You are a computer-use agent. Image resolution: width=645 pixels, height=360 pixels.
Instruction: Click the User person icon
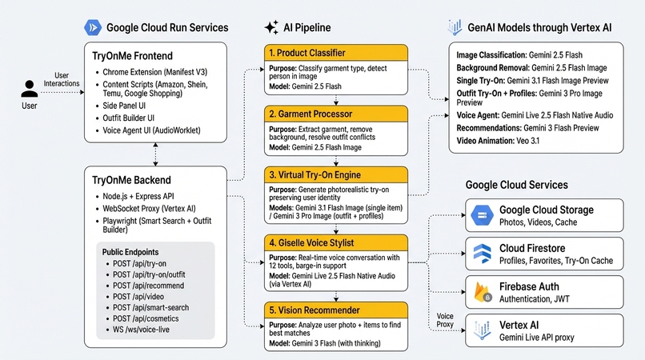pyautogui.click(x=29, y=89)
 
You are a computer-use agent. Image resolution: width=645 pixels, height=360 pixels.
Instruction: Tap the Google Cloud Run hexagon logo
pyautogui.click(x=93, y=27)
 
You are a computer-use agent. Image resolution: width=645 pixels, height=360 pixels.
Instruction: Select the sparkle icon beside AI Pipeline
pyautogui.click(x=271, y=27)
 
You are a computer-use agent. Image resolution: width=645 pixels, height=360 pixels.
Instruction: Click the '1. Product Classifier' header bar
pyautogui.click(x=336, y=53)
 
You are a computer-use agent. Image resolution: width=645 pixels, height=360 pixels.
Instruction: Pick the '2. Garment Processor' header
pyautogui.click(x=336, y=114)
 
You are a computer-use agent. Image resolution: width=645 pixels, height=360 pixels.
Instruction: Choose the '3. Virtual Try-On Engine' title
pyautogui.click(x=314, y=175)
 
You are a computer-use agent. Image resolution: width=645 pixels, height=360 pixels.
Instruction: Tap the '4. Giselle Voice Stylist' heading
pyautogui.click(x=311, y=242)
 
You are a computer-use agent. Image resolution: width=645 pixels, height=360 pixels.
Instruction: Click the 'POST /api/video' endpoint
pyautogui.click(x=138, y=297)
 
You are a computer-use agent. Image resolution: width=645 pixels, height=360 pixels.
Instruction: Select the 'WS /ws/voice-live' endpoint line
pyautogui.click(x=141, y=330)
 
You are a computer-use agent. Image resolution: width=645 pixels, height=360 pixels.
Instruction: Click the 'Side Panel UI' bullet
pyautogui.click(x=124, y=106)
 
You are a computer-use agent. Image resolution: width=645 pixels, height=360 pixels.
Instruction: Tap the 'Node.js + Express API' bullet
pyautogui.click(x=138, y=196)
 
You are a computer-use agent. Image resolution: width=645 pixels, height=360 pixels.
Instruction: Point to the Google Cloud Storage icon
pyautogui.click(x=482, y=215)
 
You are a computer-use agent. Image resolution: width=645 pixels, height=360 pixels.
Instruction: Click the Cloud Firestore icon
pyautogui.click(x=482, y=254)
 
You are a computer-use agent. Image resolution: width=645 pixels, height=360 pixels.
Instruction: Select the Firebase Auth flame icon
pyautogui.click(x=482, y=292)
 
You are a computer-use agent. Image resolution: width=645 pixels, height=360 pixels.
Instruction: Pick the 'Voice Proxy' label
pyautogui.click(x=445, y=320)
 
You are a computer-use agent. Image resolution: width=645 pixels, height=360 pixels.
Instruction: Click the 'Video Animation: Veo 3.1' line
pyautogui.click(x=498, y=141)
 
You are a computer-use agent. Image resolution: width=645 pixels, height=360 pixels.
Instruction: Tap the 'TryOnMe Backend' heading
pyautogui.click(x=131, y=180)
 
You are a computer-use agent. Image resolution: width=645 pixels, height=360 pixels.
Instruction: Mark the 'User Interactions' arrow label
pyautogui.click(x=62, y=79)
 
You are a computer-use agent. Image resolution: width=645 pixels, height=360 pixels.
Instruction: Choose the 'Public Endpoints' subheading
pyautogui.click(x=130, y=252)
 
